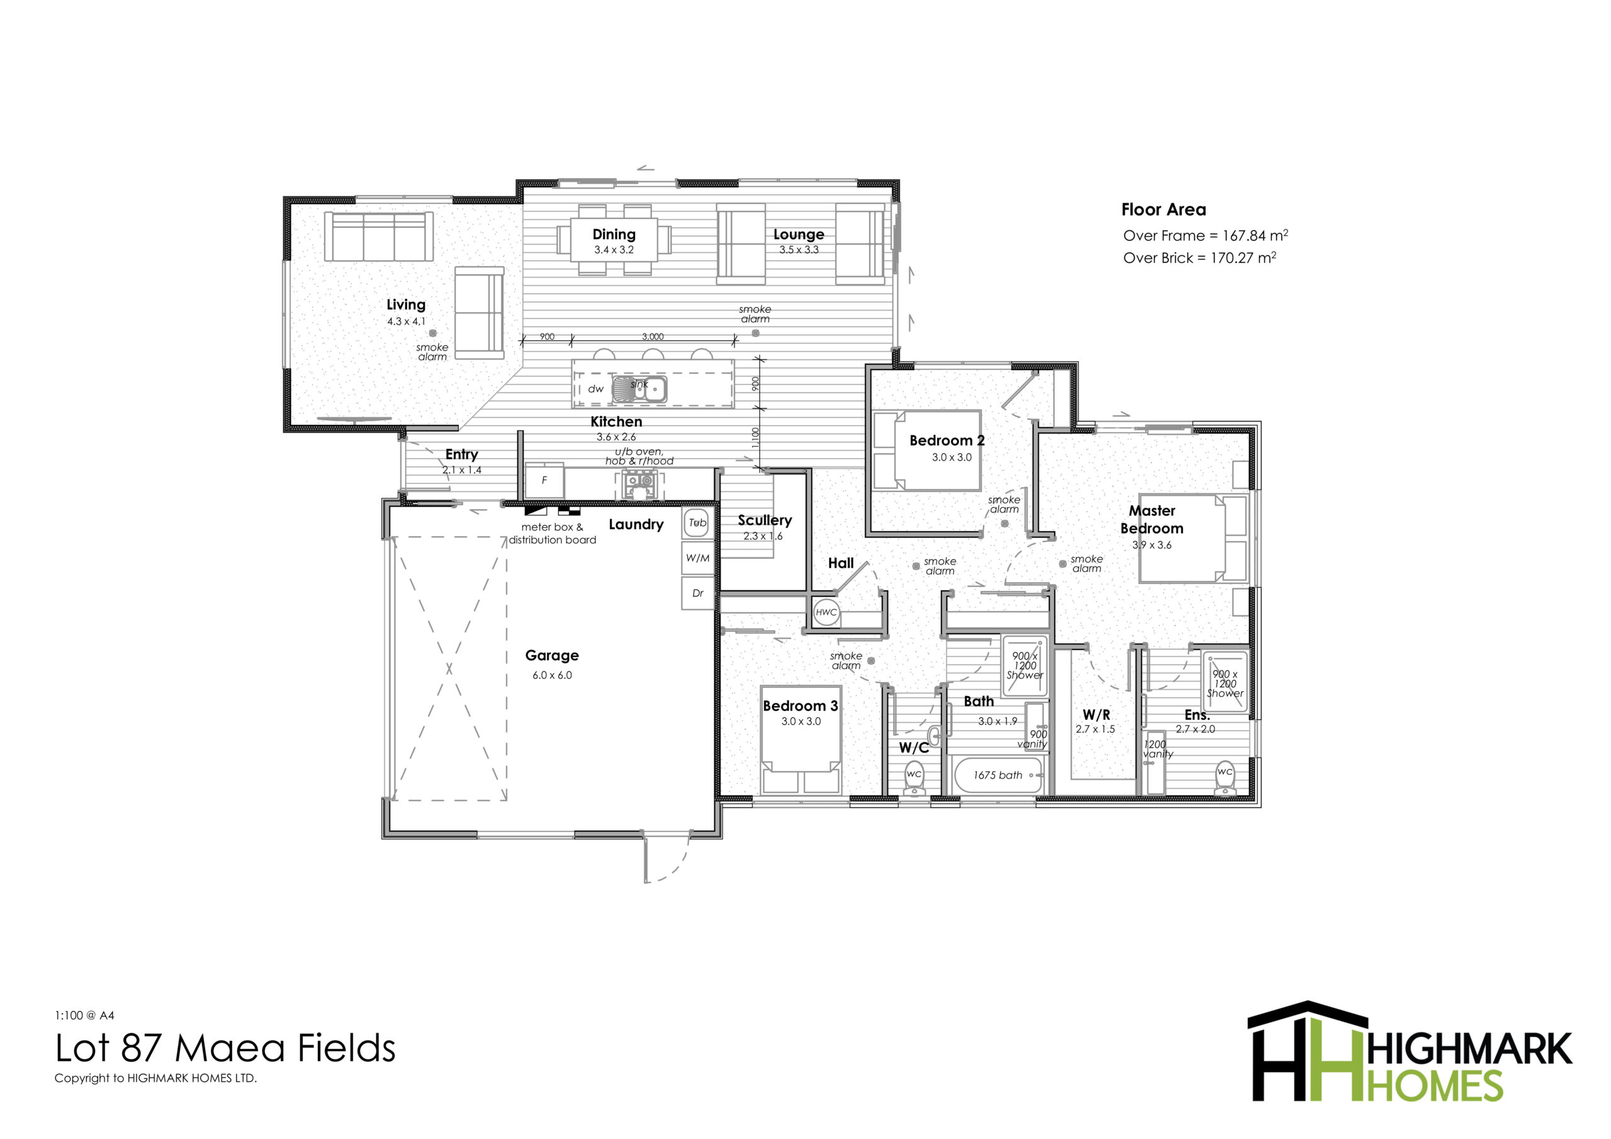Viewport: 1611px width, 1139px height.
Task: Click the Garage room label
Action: point(551,656)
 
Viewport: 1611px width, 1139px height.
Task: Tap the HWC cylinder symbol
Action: point(826,612)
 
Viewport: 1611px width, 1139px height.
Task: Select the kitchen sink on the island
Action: point(639,389)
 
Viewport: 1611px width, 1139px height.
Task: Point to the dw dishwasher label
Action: point(595,389)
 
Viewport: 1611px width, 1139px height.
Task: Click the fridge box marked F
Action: point(544,481)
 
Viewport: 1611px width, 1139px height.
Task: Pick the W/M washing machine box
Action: point(697,558)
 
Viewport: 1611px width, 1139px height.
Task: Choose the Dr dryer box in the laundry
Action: point(697,593)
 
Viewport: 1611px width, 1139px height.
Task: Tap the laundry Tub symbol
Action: point(697,523)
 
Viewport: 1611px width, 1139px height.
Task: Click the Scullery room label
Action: point(764,520)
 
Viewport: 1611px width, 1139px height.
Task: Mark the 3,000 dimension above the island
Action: point(653,337)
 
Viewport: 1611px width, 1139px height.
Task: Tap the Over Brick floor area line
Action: point(1199,257)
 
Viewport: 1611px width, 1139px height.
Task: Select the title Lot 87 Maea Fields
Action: point(225,1048)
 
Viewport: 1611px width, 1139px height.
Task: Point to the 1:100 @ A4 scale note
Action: point(84,1015)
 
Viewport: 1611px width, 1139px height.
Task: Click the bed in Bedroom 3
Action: point(800,739)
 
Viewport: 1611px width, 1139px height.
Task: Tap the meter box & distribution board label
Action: point(552,534)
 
